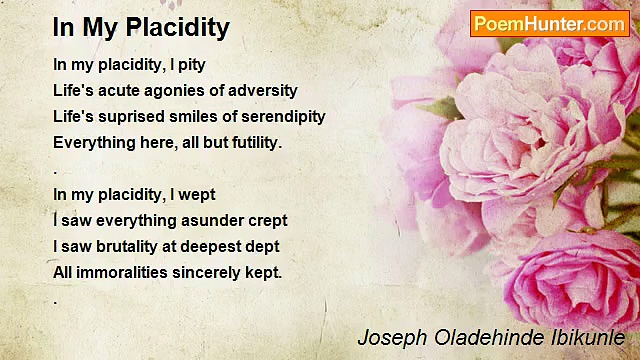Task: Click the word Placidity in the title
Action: [x=178, y=28]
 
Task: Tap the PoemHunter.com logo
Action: [x=549, y=24]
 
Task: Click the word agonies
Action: [x=166, y=90]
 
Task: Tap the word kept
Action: [x=263, y=272]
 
